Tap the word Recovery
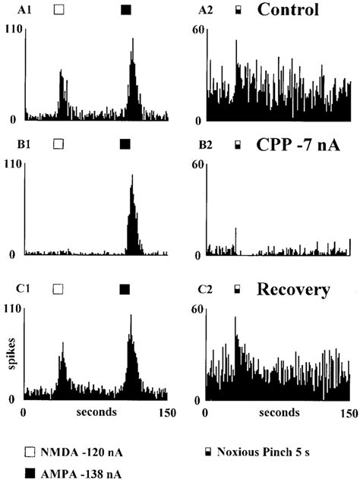[x=292, y=289]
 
